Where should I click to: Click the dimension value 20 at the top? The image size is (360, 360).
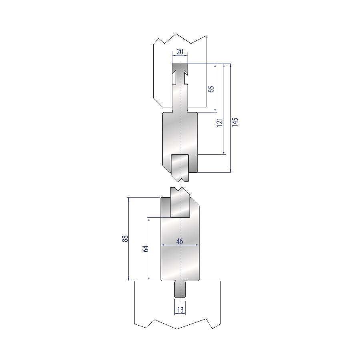(180, 52)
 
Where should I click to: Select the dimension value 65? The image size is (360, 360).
(211, 89)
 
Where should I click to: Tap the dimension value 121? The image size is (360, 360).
(220, 123)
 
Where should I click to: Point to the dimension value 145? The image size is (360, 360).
(235, 122)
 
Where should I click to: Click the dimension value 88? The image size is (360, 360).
(125, 239)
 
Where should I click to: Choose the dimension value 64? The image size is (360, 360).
(146, 249)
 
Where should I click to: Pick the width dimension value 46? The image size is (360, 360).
(180, 241)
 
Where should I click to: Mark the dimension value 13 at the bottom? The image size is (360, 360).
(180, 310)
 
